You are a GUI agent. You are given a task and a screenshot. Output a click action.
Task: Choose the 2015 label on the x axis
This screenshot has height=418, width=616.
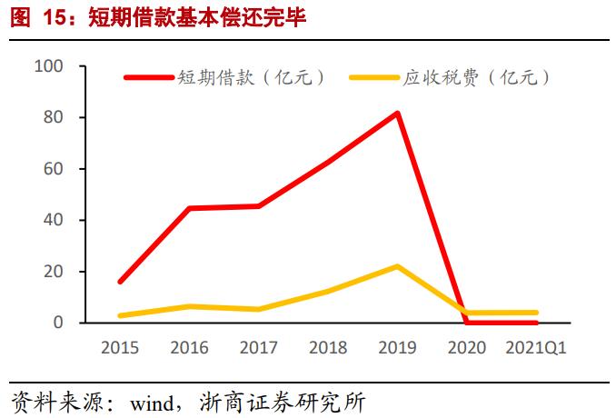pyautogui.click(x=120, y=348)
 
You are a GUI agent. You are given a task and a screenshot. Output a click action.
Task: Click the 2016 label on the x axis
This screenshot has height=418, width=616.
pyautogui.click(x=189, y=348)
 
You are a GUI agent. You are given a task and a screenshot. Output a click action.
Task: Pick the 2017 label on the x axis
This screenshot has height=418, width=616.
pyautogui.click(x=259, y=348)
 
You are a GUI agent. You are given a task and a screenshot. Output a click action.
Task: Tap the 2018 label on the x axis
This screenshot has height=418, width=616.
pyautogui.click(x=328, y=348)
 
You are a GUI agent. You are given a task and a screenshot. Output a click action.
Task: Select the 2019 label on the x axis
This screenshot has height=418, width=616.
pyautogui.click(x=397, y=348)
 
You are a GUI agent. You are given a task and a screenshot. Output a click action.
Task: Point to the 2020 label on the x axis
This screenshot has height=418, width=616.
pyautogui.click(x=467, y=348)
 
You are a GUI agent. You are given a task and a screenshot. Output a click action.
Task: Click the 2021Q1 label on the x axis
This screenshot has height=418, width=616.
pyautogui.click(x=536, y=348)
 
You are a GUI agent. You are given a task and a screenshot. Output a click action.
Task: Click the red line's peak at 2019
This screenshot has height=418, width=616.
pyautogui.click(x=397, y=114)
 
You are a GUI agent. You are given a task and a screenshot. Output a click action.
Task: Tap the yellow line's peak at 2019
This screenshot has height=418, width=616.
pyautogui.click(x=397, y=266)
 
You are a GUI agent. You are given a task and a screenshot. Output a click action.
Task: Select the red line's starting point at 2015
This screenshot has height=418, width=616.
pyautogui.click(x=120, y=282)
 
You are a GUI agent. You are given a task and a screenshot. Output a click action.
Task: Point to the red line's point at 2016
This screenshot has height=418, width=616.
pyautogui.click(x=189, y=208)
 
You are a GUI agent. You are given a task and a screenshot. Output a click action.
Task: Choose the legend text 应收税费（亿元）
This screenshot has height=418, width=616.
pyautogui.click(x=477, y=78)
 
